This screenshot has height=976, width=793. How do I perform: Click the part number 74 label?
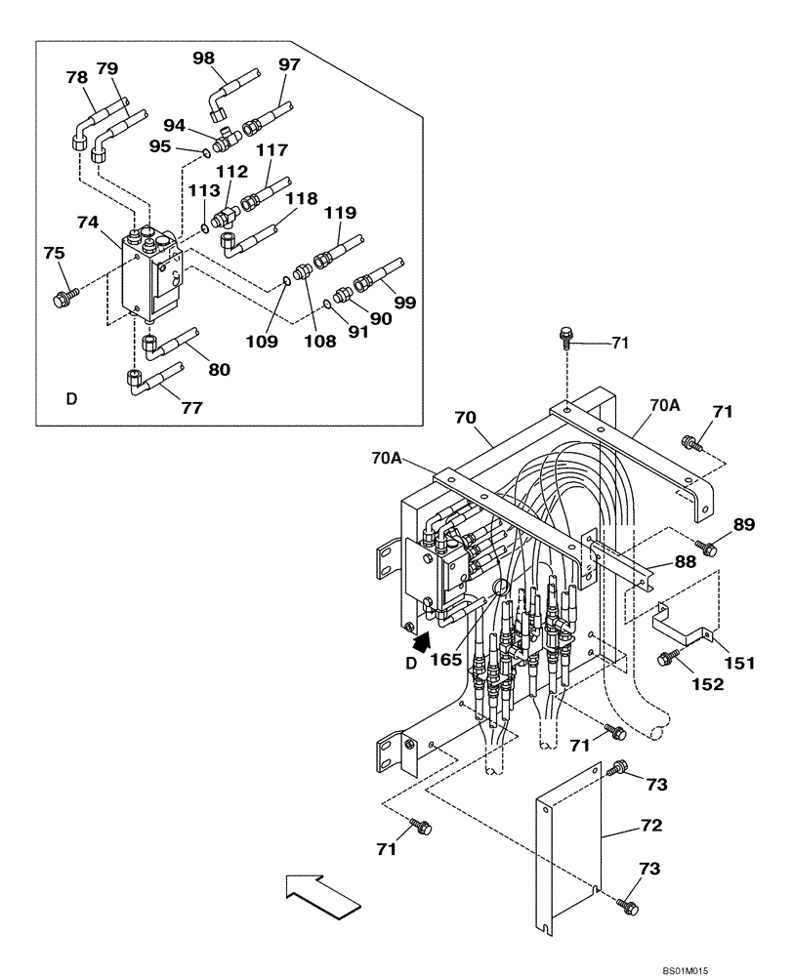tap(88, 223)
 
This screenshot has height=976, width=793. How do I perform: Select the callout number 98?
tap(204, 58)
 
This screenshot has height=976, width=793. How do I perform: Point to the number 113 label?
tap(204, 191)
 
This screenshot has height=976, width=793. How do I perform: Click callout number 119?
tap(341, 213)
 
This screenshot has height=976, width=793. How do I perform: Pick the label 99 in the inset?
tap(405, 304)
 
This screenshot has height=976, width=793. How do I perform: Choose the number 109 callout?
tap(262, 342)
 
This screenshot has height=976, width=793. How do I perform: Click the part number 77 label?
tap(191, 408)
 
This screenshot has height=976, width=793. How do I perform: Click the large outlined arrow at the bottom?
tap(319, 896)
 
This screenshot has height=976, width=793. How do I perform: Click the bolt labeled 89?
tap(707, 548)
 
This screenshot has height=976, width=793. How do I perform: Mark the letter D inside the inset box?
tap(70, 398)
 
